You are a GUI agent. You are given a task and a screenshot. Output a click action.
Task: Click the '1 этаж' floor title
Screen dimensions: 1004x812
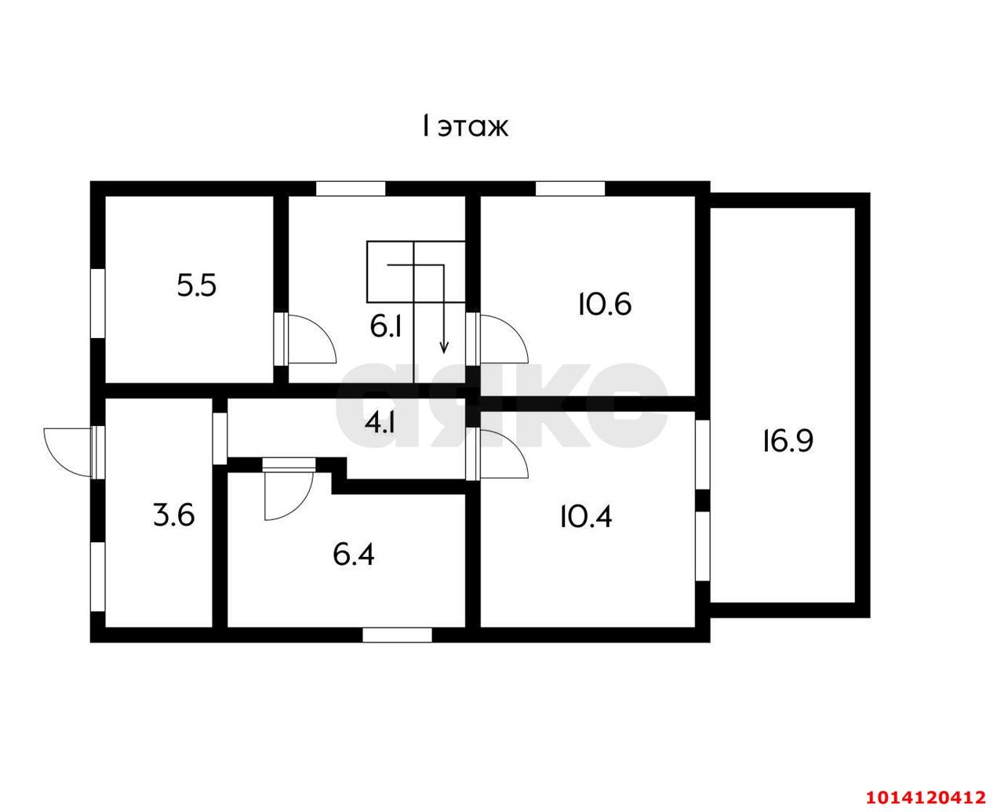(x=464, y=126)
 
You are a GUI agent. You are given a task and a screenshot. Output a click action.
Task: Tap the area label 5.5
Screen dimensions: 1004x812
(x=197, y=286)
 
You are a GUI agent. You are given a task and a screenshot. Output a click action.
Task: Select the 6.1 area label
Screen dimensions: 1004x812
(x=386, y=326)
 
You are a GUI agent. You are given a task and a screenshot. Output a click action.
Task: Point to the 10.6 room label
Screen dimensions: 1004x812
(x=605, y=304)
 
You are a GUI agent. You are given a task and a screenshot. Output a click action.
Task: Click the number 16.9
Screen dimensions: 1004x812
(x=788, y=442)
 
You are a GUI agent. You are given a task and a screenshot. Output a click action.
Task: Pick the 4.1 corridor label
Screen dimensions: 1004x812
(x=380, y=423)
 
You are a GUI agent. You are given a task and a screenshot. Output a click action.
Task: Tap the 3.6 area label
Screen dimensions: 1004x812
(x=173, y=515)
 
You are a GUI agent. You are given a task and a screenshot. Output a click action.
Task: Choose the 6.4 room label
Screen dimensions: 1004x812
(x=354, y=555)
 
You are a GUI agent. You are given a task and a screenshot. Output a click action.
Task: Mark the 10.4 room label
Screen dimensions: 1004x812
(x=586, y=517)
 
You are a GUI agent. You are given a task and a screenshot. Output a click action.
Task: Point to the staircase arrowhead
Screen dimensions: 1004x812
(x=443, y=349)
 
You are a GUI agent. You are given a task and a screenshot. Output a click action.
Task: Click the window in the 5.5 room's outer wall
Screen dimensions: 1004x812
(x=97, y=303)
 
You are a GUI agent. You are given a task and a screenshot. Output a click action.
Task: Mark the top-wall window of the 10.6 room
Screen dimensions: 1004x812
(x=570, y=188)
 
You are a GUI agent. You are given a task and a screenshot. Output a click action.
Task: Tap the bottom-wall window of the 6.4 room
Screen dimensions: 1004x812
(x=398, y=635)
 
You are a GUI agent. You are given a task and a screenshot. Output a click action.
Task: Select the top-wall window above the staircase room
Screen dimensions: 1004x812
(x=351, y=188)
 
